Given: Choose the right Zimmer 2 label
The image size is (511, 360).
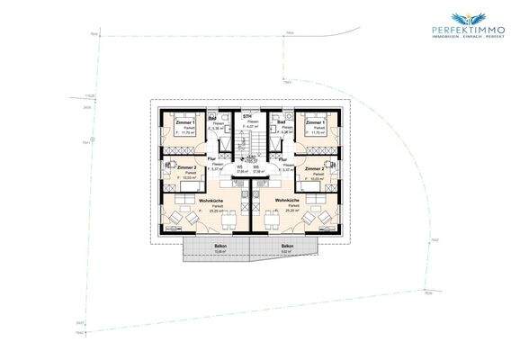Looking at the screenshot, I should pyautogui.click(x=314, y=168).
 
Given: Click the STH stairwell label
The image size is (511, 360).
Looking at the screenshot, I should pyautogui.click(x=247, y=116).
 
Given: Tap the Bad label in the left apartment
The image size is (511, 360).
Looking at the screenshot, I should pyautogui.click(x=212, y=118).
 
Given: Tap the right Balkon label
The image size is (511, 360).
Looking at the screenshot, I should pyautogui.click(x=287, y=246).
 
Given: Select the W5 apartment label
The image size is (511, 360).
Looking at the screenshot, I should pyautogui.click(x=240, y=166).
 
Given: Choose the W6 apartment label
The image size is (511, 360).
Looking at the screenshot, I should pyautogui.click(x=256, y=166).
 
